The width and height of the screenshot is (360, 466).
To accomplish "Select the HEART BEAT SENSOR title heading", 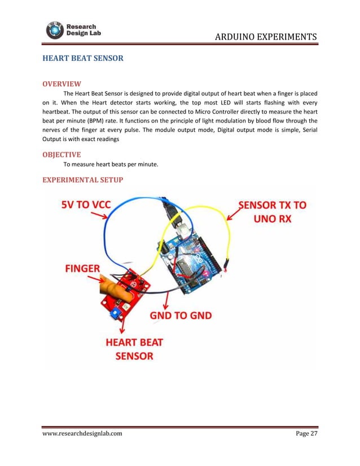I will [x=83, y=58].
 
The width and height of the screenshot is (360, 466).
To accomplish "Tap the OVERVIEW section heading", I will [x=62, y=84].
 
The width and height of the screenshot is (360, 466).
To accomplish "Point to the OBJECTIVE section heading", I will [x=62, y=154].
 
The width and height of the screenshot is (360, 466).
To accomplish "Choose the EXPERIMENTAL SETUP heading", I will [x=83, y=179].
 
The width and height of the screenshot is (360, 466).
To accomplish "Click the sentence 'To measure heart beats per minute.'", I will [x=111, y=165].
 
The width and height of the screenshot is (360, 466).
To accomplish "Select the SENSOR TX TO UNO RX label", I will [x=274, y=212].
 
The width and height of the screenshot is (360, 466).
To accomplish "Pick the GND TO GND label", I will [x=181, y=315].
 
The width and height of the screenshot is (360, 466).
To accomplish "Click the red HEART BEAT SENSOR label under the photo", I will [x=134, y=349].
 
